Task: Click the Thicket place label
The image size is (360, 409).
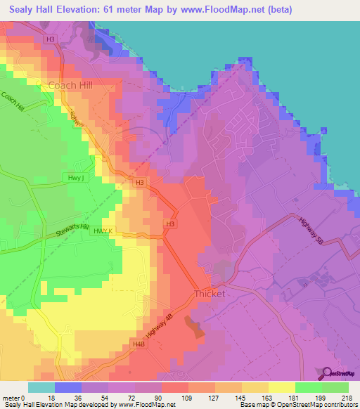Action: (210, 294)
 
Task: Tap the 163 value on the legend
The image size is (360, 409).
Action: (269, 397)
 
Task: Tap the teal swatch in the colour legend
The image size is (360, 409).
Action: (41, 387)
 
